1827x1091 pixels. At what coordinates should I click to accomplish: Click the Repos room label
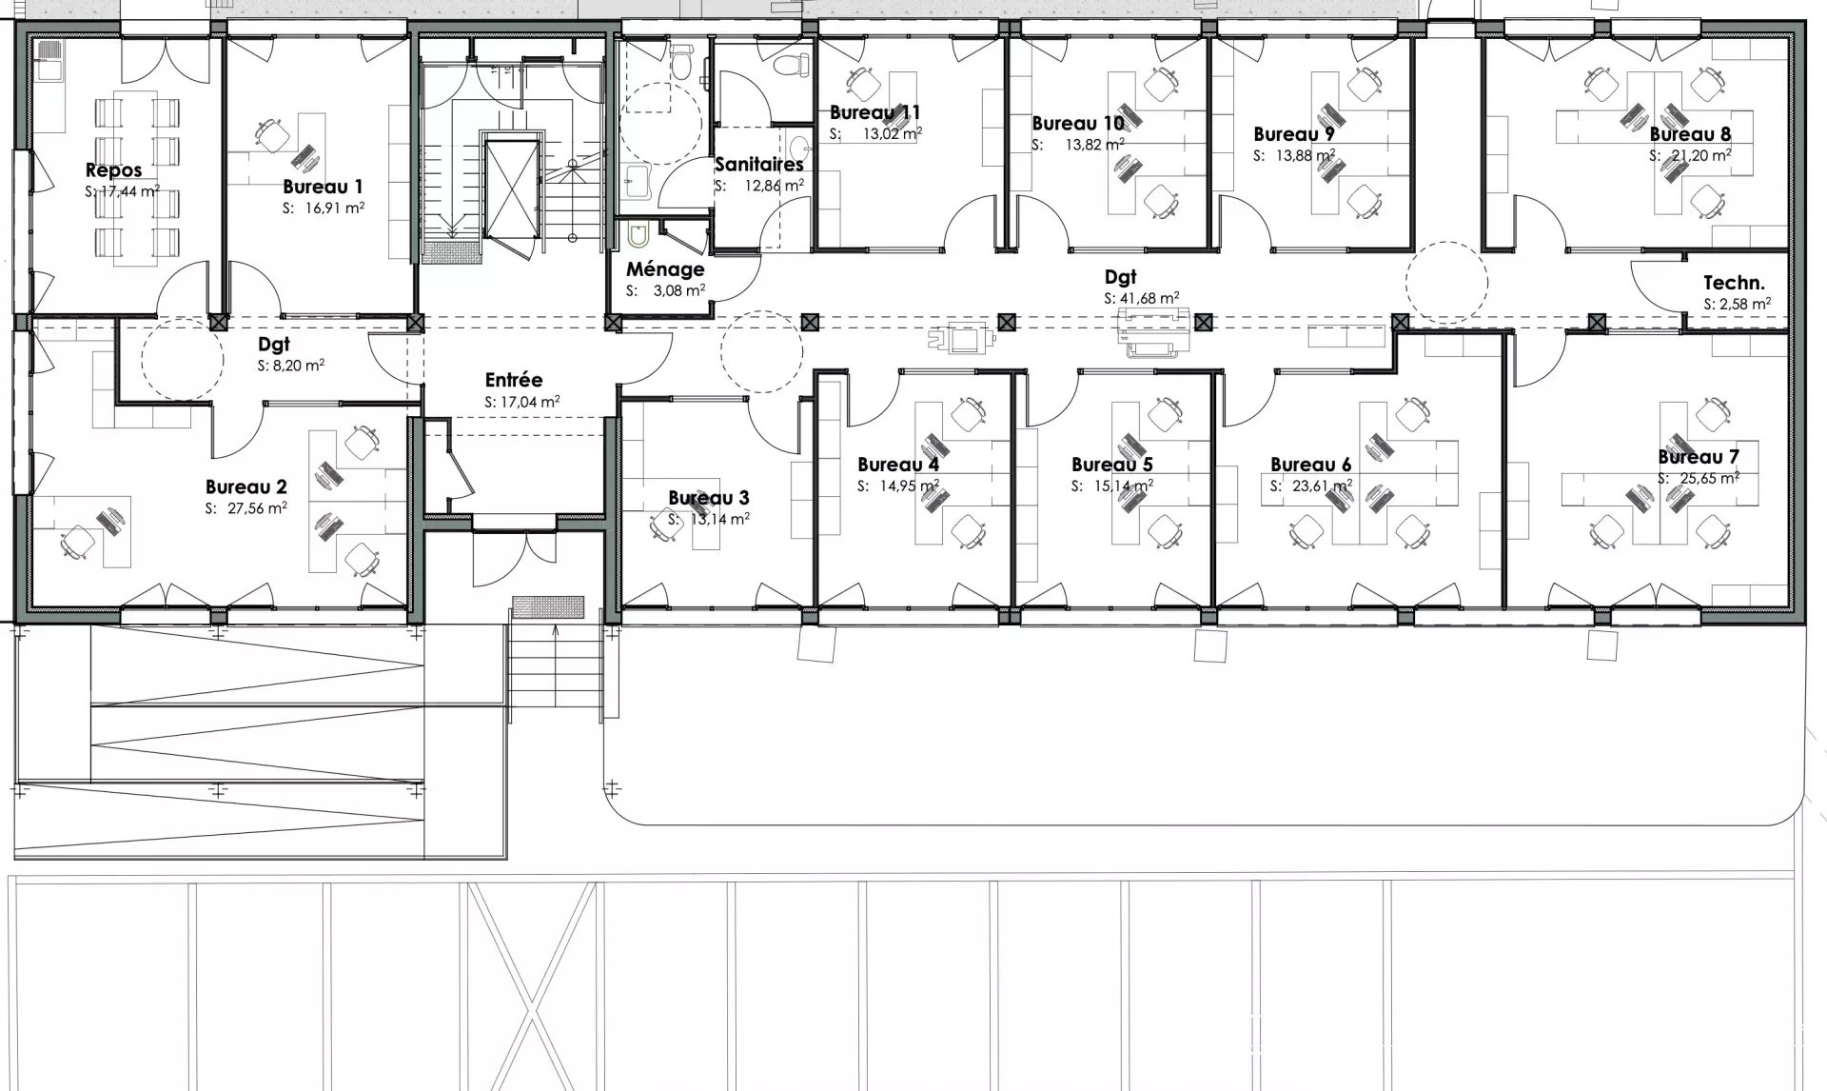click(113, 170)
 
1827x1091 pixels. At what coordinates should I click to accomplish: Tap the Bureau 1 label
click(323, 187)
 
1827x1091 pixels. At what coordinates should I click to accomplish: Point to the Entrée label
click(514, 380)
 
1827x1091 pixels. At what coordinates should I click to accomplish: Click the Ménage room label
click(665, 269)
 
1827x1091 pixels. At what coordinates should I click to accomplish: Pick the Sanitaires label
click(759, 165)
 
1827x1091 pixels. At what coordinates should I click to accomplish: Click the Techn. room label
click(1734, 283)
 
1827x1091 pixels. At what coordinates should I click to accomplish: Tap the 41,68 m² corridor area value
click(1150, 298)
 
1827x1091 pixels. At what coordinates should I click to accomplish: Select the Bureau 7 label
click(1699, 457)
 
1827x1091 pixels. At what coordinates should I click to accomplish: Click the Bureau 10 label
click(1078, 124)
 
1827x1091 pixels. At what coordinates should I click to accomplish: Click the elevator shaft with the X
click(512, 188)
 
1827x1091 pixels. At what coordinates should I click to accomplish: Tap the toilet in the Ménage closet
click(638, 235)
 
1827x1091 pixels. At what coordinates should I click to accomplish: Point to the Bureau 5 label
click(1112, 465)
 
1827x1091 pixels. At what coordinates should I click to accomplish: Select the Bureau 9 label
click(1294, 134)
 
